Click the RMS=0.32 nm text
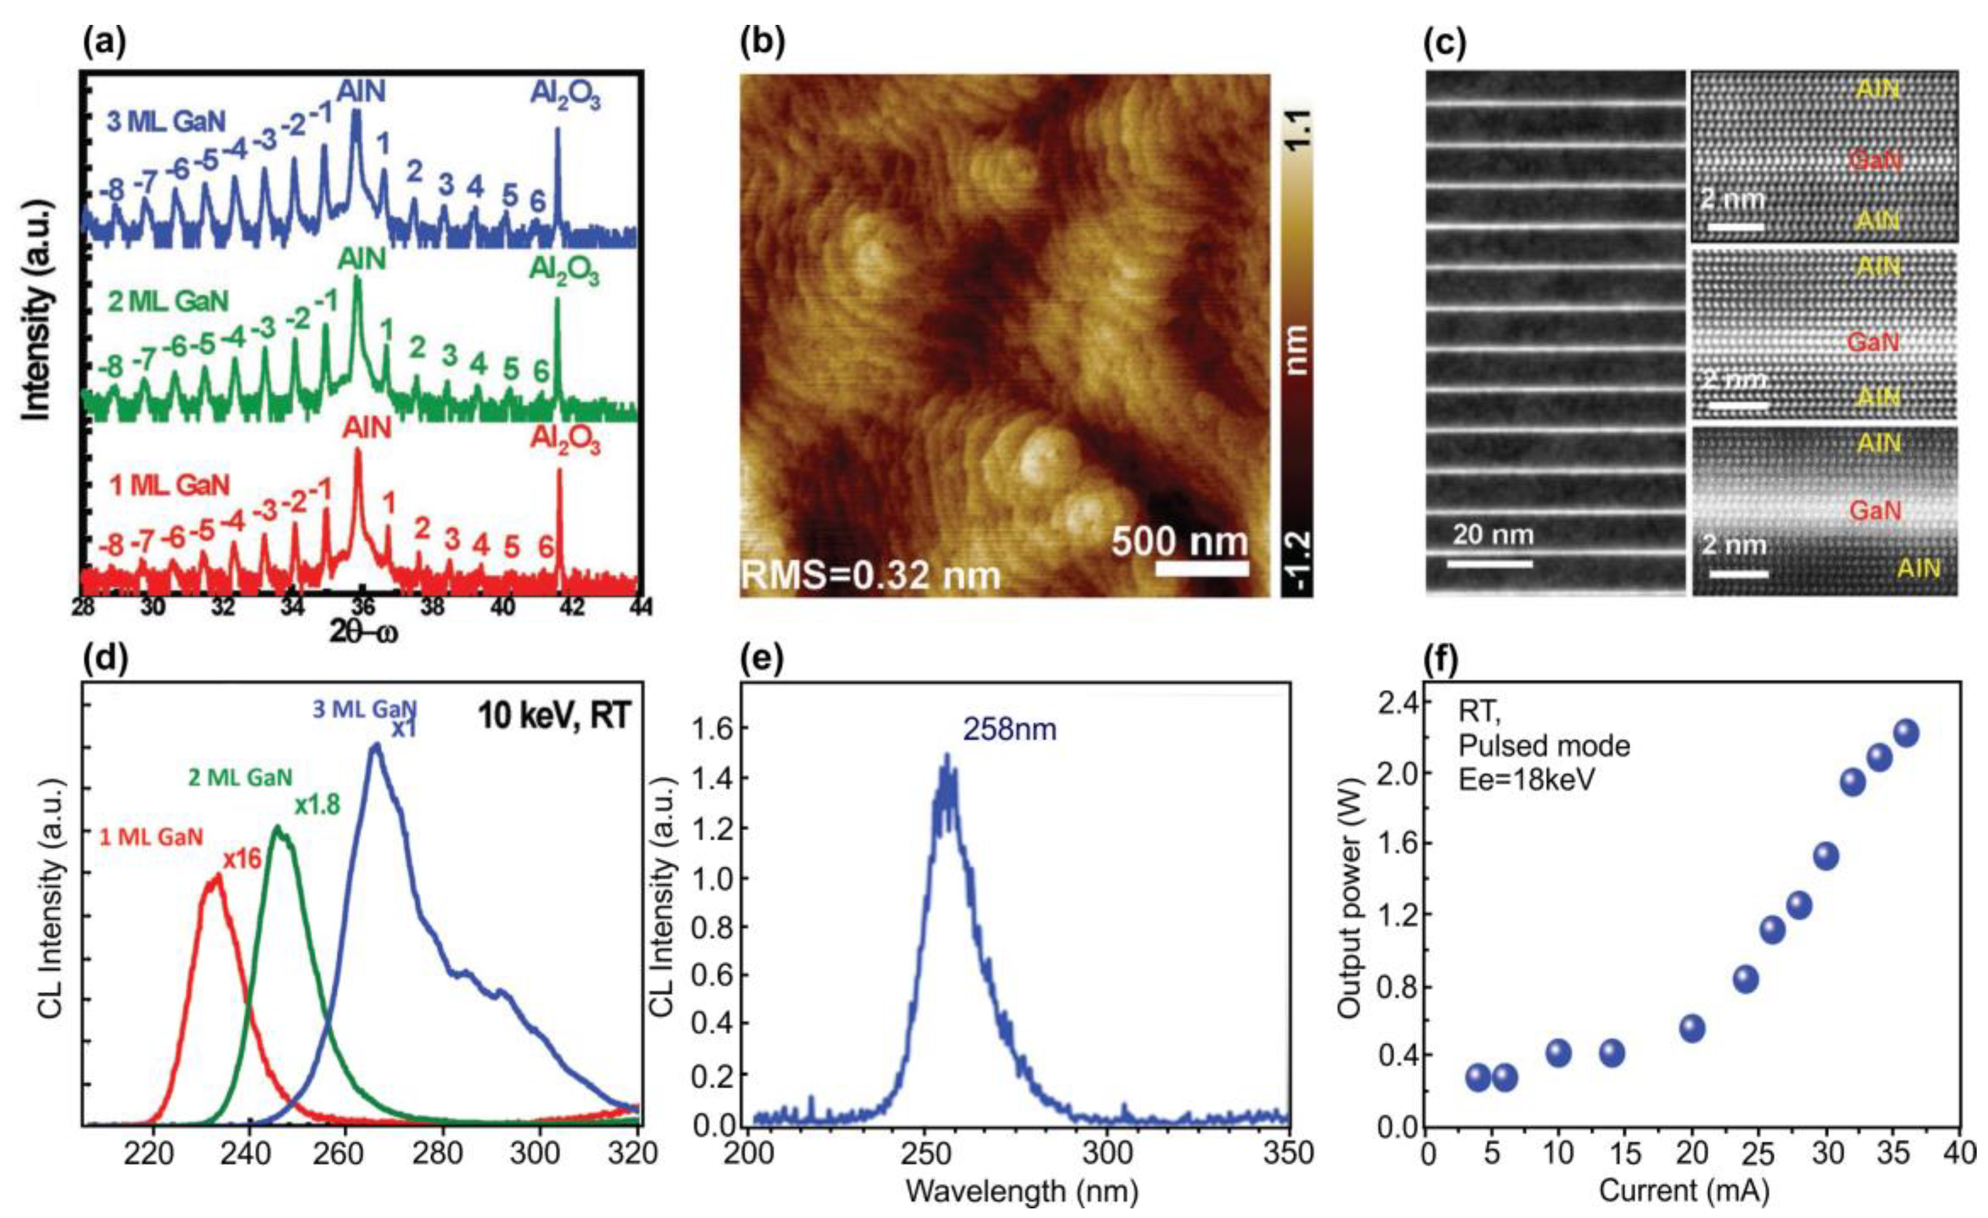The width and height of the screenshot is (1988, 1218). point(870,576)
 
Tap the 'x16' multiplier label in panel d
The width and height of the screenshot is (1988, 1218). point(242,860)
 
